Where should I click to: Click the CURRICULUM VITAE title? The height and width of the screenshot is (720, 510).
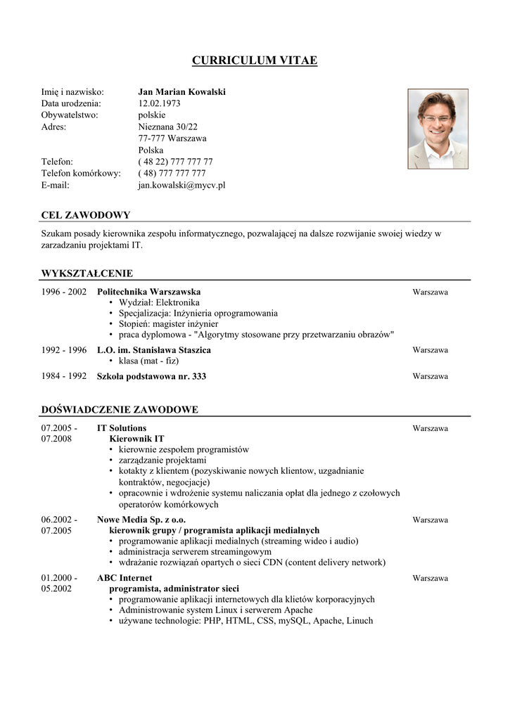coord(255,60)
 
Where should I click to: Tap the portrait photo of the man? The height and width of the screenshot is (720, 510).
coord(438,129)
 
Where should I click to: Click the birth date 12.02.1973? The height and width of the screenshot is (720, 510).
coord(159,103)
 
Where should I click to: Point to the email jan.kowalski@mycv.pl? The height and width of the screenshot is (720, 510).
coord(181,185)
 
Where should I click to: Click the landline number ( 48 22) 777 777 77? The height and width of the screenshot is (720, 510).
coord(175,162)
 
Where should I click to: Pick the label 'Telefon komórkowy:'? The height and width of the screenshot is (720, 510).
coord(81,173)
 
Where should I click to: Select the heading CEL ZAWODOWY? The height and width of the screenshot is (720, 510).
coord(86,215)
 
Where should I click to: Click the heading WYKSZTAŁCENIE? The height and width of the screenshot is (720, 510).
coord(87,274)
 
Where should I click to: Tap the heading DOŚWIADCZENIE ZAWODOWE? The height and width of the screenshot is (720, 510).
coord(120,409)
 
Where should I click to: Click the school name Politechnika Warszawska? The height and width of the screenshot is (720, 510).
coord(148,292)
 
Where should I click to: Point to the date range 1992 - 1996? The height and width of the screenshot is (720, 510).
coord(64,350)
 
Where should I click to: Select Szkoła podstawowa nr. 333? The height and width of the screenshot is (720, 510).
coord(151,377)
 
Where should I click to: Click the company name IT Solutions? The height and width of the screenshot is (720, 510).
coord(122,427)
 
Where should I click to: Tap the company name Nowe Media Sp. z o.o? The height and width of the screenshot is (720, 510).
coord(141,520)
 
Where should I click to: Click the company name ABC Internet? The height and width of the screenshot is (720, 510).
coord(124,578)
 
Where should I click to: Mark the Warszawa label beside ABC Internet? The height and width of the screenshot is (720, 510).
coord(430,579)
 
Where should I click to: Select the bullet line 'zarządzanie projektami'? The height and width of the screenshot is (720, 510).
coord(158,461)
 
